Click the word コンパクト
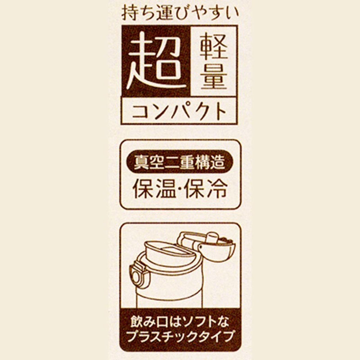click(180, 111)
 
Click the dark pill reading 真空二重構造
click(180, 162)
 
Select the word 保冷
click(206, 188)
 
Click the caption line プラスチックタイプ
click(180, 337)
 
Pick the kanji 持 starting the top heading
click(129, 13)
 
